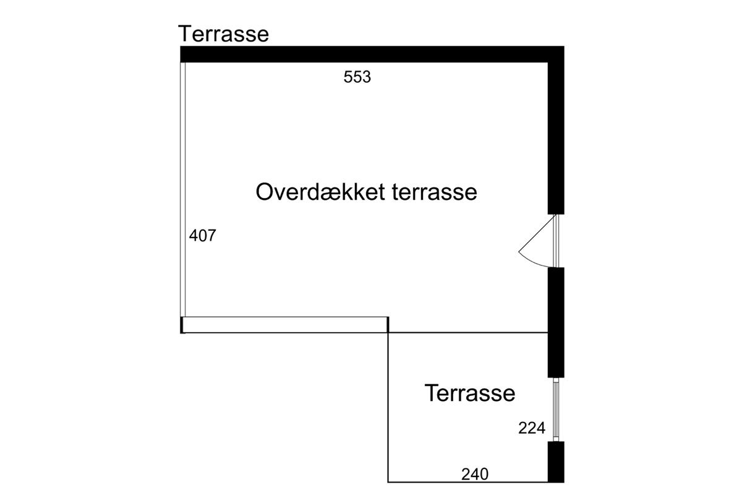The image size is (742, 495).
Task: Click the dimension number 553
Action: pos(357,77)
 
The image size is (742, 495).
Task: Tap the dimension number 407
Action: pos(202,236)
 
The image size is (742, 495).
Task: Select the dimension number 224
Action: pos(532,428)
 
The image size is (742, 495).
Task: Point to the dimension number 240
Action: pos(475,475)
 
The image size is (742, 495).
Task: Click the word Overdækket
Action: pos(321,192)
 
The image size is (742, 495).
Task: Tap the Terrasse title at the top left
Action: pos(223,33)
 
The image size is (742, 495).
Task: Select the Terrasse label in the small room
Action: pos(470,393)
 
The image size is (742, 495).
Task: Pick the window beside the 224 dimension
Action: pos(556,409)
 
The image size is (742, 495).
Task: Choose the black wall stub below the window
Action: pos(556,462)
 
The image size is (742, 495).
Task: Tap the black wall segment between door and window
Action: pos(556,322)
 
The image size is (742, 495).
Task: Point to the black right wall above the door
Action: pos(556,136)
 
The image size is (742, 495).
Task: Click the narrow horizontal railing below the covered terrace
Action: pos(284,325)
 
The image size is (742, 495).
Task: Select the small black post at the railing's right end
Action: pos(388,324)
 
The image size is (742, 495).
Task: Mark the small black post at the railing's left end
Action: pos(182,325)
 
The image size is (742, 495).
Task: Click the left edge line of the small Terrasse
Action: pos(388,408)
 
